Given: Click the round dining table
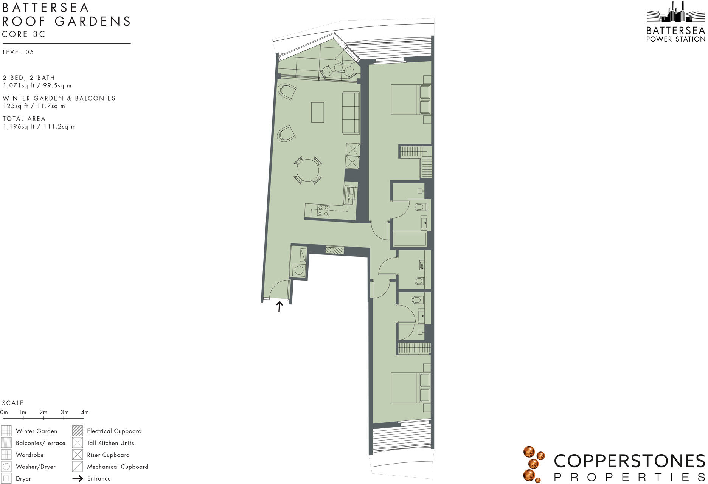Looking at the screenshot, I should [x=308, y=171].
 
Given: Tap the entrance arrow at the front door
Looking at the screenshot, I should [x=279, y=306].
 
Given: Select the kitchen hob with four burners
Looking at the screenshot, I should [x=323, y=210].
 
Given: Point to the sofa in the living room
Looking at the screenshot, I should [x=351, y=113].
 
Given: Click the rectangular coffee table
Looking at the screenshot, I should [x=317, y=112].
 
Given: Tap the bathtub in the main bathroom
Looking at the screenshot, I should [x=410, y=239].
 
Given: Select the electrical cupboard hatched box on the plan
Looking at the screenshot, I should [x=335, y=250].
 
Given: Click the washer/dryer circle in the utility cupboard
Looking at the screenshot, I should [x=299, y=270].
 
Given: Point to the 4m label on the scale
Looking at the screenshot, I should [x=85, y=412].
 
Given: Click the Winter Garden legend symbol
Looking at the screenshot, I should [x=6, y=431].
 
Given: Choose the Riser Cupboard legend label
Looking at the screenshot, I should [x=108, y=455].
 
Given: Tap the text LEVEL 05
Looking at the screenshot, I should [x=18, y=52].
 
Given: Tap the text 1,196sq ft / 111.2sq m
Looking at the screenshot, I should [x=39, y=127].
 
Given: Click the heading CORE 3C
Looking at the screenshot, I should [x=23, y=34].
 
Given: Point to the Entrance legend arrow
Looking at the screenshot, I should [x=78, y=479].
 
